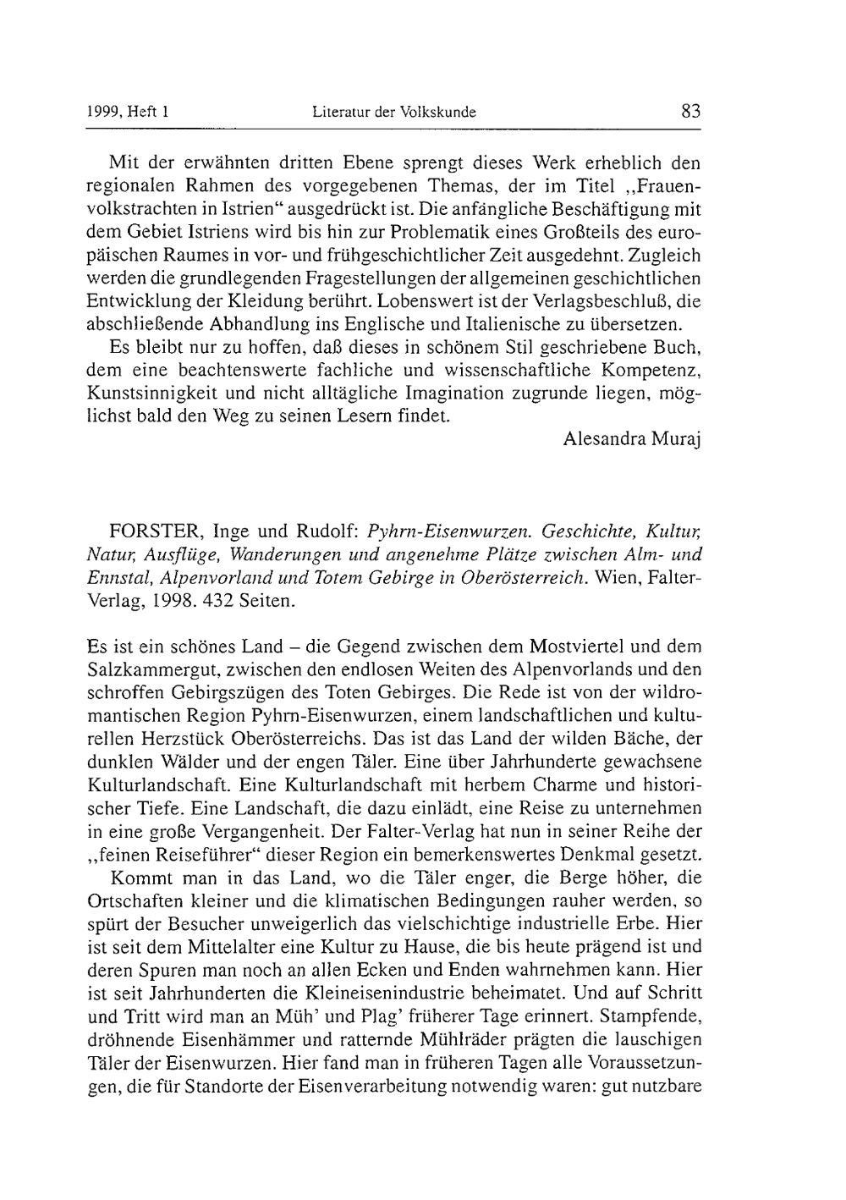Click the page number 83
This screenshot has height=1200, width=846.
[x=690, y=111]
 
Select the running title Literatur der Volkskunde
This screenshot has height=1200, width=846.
[x=394, y=112]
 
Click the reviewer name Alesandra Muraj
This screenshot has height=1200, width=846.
[x=633, y=439]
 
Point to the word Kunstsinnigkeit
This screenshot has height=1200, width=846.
[x=149, y=394]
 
